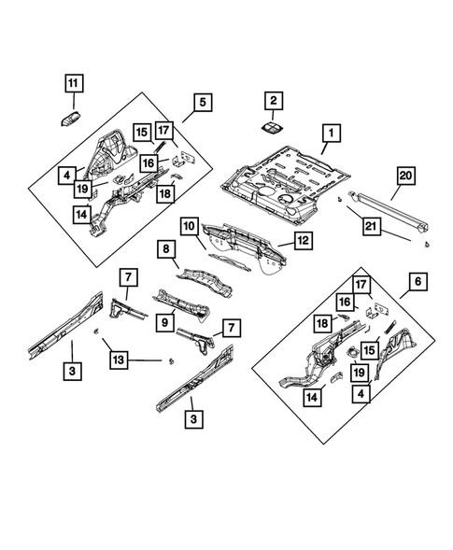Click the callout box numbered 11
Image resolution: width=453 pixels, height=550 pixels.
(74, 83)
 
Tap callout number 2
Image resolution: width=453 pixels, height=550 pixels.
(274, 101)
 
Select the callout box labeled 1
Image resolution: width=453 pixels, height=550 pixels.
(332, 134)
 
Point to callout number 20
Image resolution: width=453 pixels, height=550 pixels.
(406, 176)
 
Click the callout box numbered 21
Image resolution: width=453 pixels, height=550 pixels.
(371, 227)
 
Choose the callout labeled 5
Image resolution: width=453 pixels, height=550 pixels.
(203, 103)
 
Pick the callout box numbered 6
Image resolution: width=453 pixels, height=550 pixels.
(418, 282)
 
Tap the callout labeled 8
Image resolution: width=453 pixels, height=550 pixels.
(166, 249)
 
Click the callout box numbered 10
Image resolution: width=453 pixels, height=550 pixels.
(190, 227)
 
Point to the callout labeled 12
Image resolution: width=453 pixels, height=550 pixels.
(304, 241)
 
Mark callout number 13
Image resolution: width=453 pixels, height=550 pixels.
(119, 360)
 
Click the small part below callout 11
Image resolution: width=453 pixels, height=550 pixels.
(71, 119)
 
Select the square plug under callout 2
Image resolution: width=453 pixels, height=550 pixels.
(273, 128)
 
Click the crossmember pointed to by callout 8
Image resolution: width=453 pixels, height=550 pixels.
(205, 283)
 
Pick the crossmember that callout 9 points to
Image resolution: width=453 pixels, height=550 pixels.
(182, 304)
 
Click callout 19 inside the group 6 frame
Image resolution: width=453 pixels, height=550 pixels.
(360, 373)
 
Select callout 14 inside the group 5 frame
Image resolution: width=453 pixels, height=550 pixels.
(82, 215)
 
